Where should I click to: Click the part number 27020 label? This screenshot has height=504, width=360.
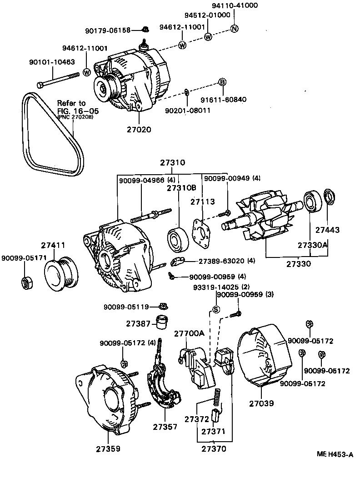pos(139,129)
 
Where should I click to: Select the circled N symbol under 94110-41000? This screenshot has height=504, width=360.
pos(234,29)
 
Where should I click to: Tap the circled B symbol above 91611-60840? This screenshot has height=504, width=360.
pos(222,82)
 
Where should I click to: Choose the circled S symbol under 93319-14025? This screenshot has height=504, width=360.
pos(216,309)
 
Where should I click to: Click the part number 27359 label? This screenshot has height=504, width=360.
pos(108,449)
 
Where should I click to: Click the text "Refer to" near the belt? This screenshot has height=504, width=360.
pos(71,103)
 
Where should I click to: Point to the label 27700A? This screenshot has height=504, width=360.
pos(190,333)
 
